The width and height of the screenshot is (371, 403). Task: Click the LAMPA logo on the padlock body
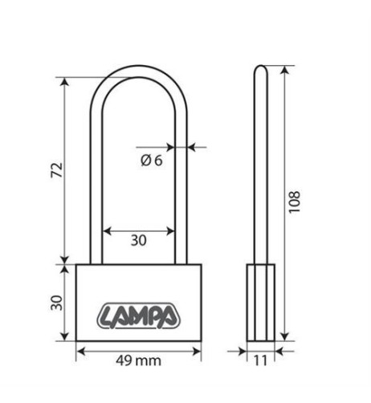[x=138, y=315]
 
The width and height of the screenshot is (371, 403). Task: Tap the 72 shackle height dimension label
[x=57, y=170]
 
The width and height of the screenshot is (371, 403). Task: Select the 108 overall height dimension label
[x=294, y=202]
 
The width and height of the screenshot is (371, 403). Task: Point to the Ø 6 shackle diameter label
[x=152, y=161]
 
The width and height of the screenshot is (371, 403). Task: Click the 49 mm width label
[x=138, y=360]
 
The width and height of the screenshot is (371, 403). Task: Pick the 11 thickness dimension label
[x=260, y=360]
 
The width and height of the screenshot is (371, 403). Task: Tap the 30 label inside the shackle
[x=139, y=240]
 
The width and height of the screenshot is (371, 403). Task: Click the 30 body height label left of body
[x=56, y=303]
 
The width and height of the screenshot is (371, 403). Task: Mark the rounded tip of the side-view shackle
[x=260, y=67]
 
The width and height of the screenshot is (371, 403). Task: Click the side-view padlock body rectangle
[x=261, y=303]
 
